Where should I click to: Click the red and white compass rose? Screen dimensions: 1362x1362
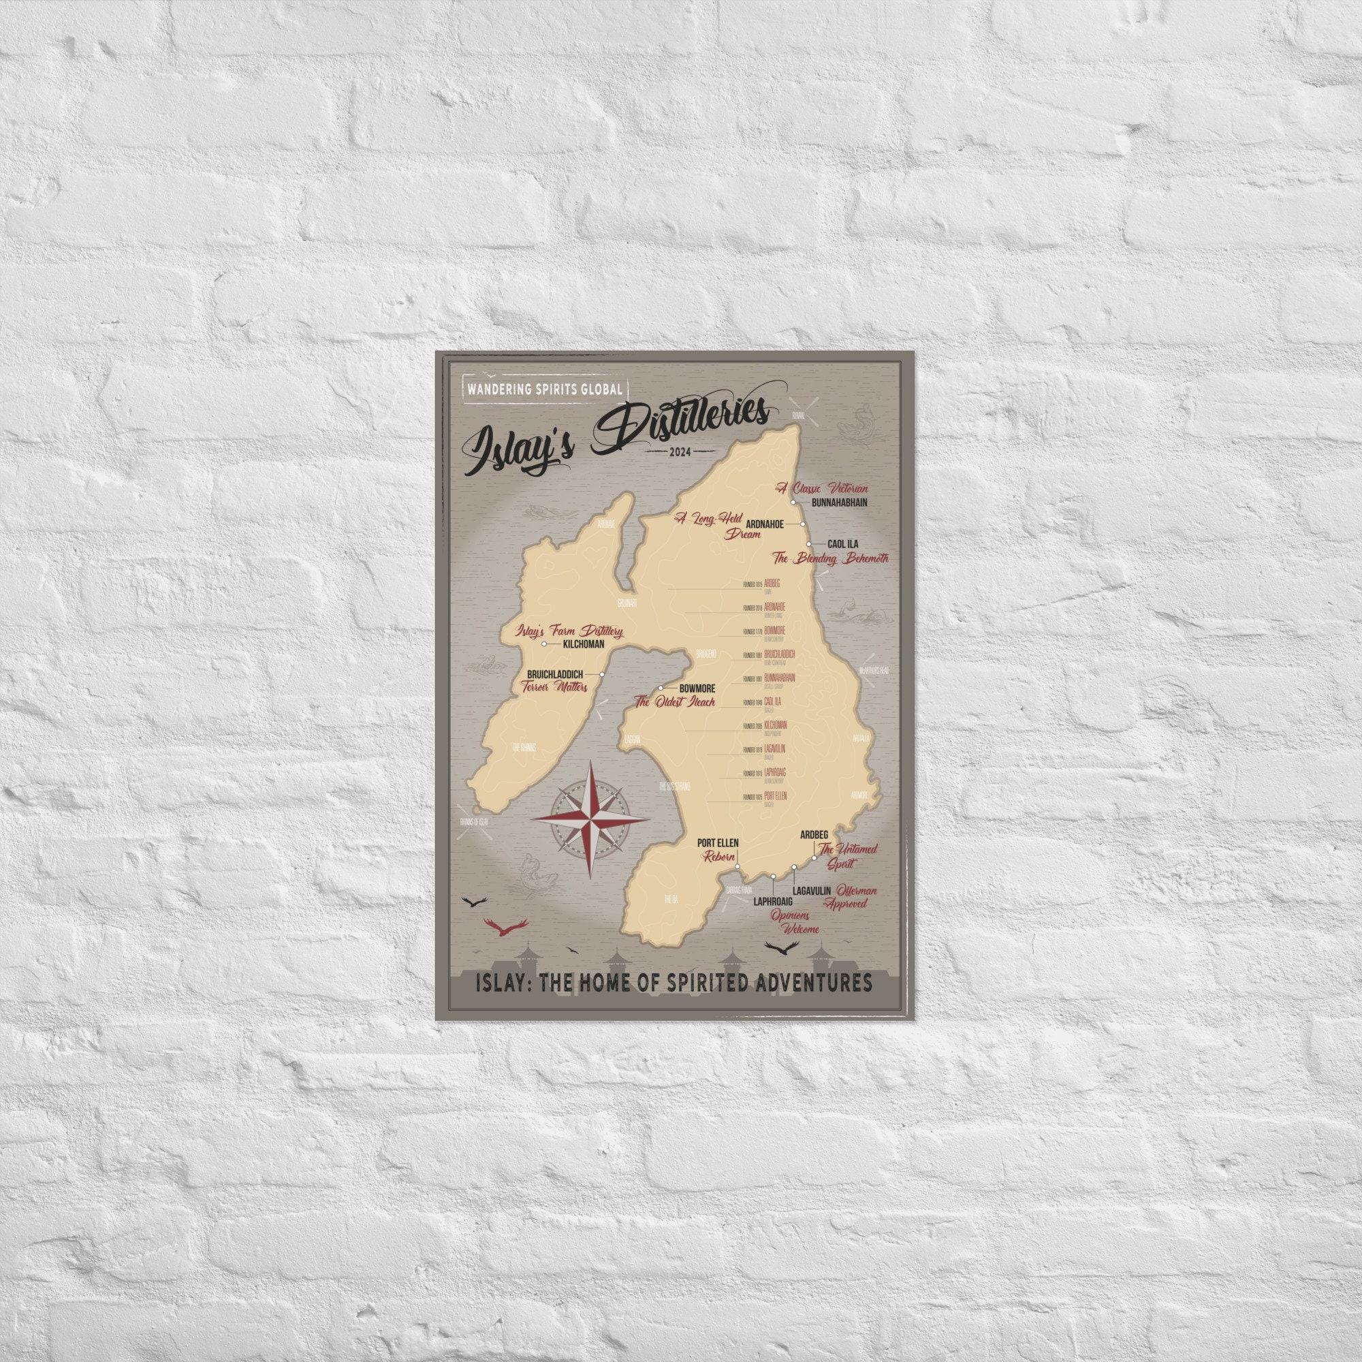[x=589, y=819]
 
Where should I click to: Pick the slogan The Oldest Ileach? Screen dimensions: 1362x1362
[x=675, y=701]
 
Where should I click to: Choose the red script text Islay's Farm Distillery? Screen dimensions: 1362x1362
[x=569, y=631]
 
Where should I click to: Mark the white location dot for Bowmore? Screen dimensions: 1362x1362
[x=661, y=687]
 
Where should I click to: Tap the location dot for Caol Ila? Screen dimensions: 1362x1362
[x=809, y=544]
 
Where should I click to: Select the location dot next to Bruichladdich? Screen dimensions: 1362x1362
[x=602, y=675]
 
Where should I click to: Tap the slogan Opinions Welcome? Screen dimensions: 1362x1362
[x=794, y=922]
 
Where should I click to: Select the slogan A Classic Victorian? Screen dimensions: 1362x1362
[x=822, y=488]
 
